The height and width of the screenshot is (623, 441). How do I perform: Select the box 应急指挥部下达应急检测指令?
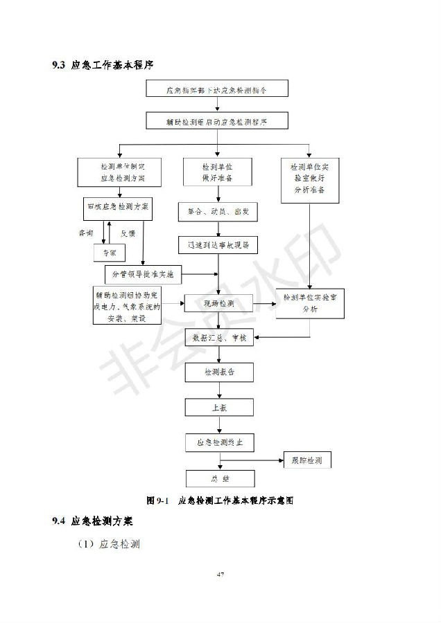pos(217,89)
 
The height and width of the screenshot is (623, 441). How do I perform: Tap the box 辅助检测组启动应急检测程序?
pos(217,122)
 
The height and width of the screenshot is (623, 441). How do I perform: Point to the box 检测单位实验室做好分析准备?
pos(311,179)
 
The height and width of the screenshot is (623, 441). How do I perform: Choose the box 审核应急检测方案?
pos(121,208)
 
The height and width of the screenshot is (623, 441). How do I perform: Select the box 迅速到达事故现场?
pos(218,245)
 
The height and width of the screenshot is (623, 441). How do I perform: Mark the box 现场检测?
pos(218,304)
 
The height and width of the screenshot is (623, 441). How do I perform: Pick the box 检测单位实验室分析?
pos(311,303)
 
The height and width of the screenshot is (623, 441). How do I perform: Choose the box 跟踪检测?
pos(306,460)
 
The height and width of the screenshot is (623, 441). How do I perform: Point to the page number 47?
pos(220,575)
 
